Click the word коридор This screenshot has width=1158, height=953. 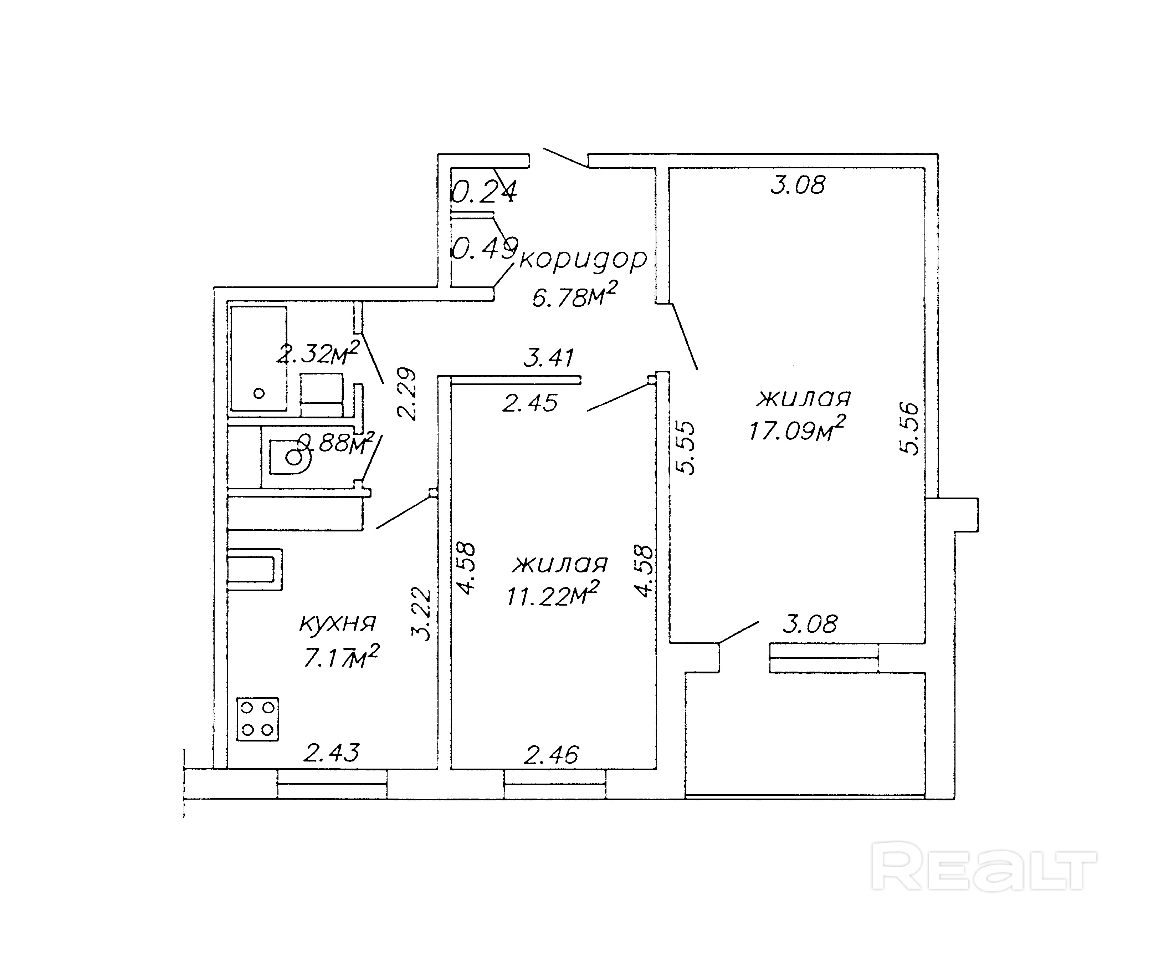[x=583, y=259]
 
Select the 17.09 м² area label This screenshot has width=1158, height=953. [x=796, y=429]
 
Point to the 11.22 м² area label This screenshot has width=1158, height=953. [x=552, y=595]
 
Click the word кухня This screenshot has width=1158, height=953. [x=338, y=623]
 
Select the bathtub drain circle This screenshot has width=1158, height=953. [x=259, y=393]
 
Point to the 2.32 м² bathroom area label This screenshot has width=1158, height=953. [x=317, y=353]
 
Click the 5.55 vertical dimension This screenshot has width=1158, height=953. [x=686, y=447]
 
